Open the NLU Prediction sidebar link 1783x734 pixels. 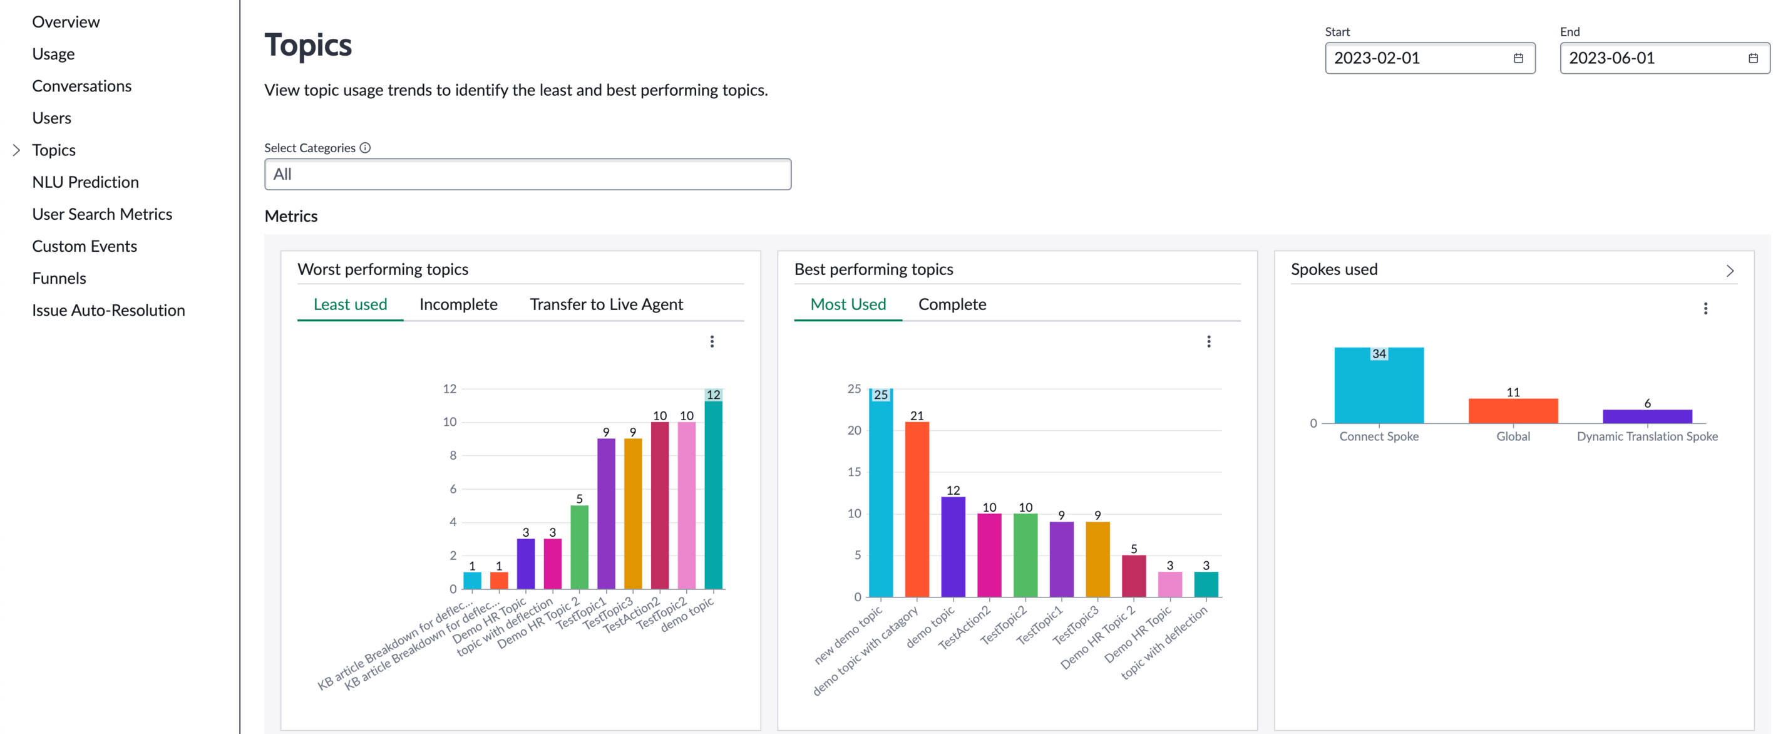pos(85,182)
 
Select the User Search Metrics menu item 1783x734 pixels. pos(102,214)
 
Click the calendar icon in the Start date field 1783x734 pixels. pos(1518,58)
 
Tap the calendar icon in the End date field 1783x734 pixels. pos(1752,58)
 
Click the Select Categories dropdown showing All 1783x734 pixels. pos(527,175)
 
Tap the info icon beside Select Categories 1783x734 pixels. pos(365,148)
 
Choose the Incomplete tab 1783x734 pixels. pos(458,304)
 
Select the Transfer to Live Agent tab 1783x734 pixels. pos(606,304)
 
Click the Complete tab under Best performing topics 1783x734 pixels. pos(952,304)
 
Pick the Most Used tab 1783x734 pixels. pos(848,304)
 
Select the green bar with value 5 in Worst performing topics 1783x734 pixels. pos(579,547)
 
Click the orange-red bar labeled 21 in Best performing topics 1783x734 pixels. pos(917,509)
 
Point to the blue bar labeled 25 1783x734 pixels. pos(880,492)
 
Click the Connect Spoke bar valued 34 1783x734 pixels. pos(1379,385)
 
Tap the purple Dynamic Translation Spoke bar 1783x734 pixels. pos(1647,416)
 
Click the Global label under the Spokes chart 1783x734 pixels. pos(1513,437)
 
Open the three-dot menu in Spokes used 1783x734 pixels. pos(1705,309)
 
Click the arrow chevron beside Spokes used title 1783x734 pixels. pos(1730,271)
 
